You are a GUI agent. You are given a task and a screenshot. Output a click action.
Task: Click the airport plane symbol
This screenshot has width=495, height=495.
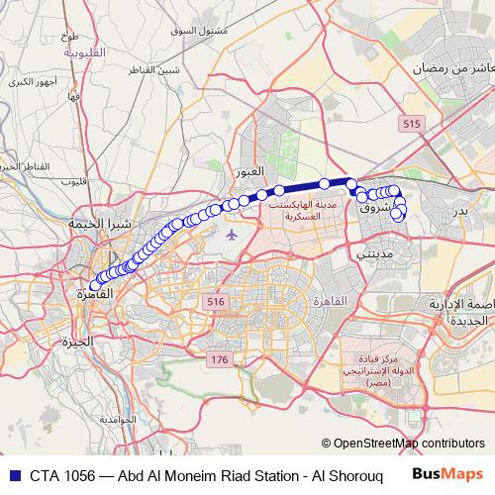tap(232, 236)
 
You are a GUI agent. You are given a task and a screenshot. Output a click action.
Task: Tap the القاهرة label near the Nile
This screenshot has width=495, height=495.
tap(96, 294)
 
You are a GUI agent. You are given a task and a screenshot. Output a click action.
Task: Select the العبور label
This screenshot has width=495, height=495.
tap(247, 172)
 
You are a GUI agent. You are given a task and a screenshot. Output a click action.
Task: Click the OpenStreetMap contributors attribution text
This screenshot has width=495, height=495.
tap(409, 444)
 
